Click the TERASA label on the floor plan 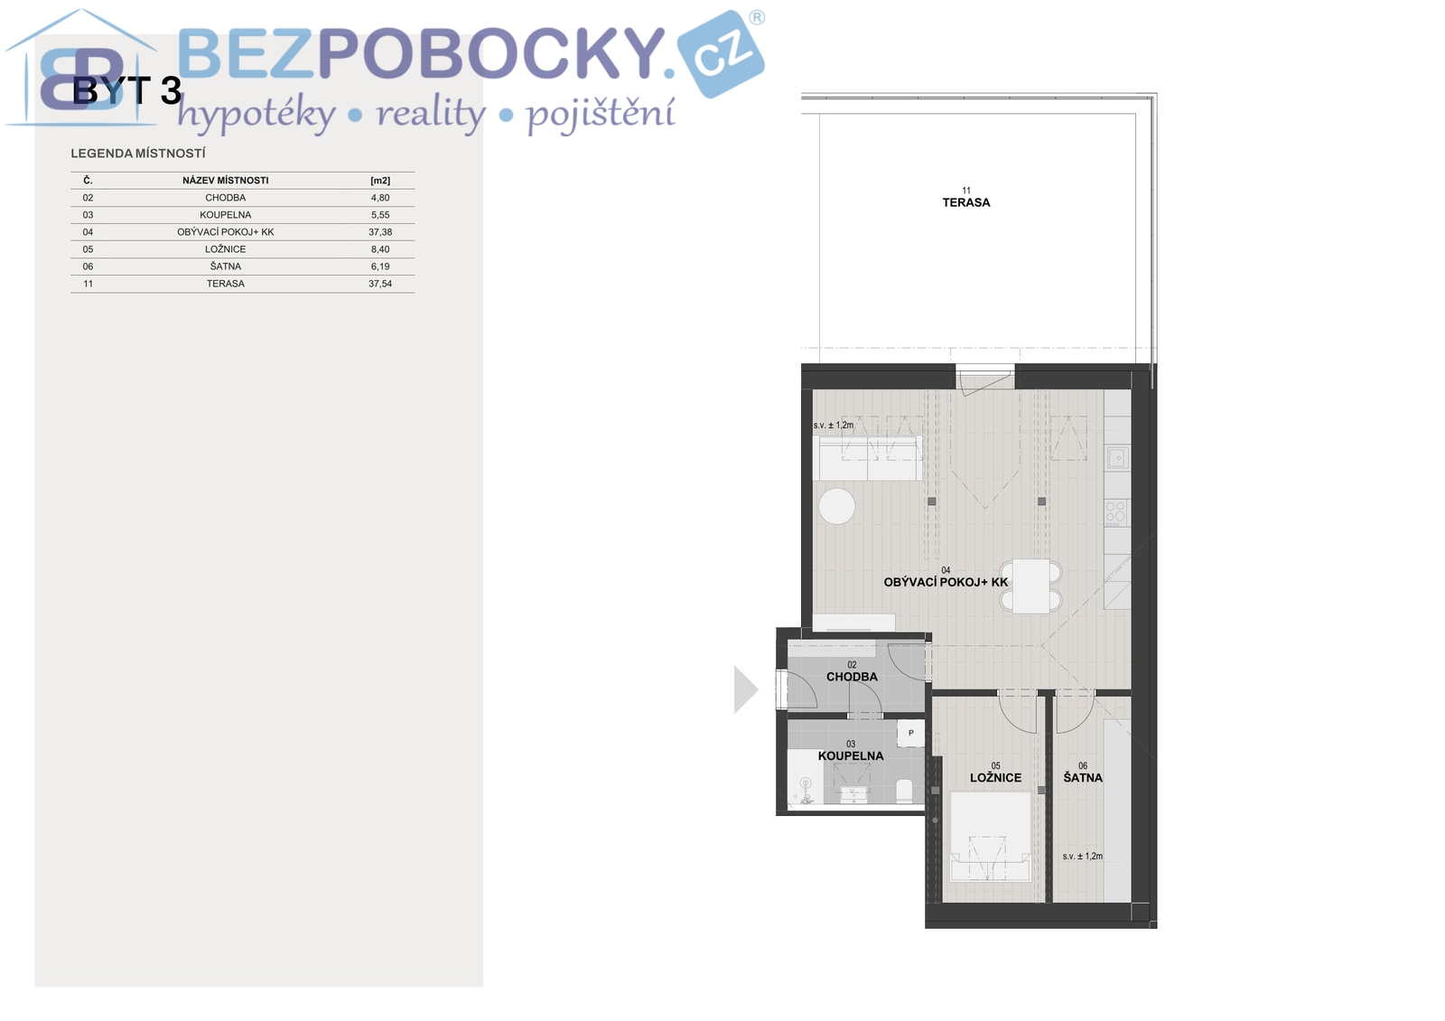965,202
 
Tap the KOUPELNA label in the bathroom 851,755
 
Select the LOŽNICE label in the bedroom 995,778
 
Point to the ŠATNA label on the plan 1083,778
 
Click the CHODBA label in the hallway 852,677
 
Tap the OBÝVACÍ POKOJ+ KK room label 946,582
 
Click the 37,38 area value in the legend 380,231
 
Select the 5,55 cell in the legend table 380,215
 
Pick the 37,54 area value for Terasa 380,284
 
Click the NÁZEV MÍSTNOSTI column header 225,181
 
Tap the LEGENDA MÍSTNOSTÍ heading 138,154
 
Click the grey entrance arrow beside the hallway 745,690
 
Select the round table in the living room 836,506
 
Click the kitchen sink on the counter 1117,457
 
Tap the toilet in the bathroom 904,791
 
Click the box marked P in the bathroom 910,733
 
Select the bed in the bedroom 991,837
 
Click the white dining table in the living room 1030,585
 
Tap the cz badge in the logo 721,55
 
